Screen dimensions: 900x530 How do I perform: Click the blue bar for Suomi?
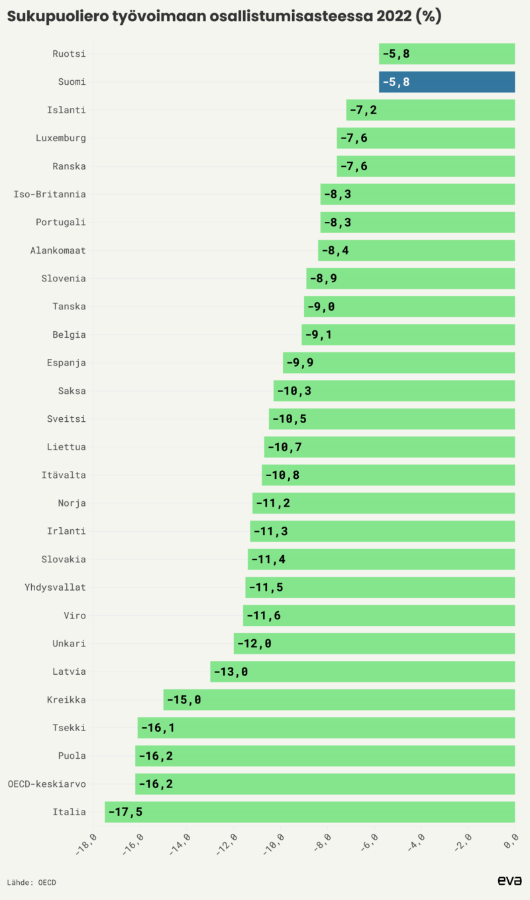coord(447,82)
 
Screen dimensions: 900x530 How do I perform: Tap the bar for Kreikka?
coord(339,699)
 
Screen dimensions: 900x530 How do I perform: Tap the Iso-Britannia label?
coord(50,194)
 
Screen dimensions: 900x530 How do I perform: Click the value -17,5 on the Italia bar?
coord(125,812)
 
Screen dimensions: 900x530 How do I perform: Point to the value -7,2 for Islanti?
coord(363,110)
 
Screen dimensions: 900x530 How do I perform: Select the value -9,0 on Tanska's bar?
coord(321,307)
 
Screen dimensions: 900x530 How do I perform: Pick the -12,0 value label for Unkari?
coord(254,644)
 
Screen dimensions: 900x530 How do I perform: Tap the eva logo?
coord(509,880)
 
